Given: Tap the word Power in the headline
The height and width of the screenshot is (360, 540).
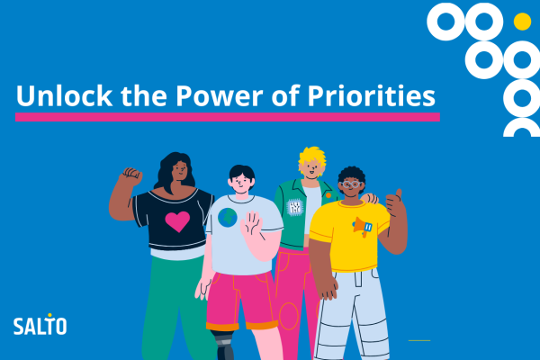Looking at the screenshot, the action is click(220, 95).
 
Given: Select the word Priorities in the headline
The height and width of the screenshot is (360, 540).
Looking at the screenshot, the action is click(371, 96).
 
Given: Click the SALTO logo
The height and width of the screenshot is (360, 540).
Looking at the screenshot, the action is click(40, 325).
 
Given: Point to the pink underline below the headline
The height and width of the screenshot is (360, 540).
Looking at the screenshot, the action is click(228, 117).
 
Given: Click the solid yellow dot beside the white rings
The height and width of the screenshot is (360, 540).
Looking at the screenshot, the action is click(522, 22).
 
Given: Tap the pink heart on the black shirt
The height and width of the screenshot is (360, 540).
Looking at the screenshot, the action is click(177, 221).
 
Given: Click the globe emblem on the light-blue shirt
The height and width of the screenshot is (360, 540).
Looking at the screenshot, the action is click(228, 218).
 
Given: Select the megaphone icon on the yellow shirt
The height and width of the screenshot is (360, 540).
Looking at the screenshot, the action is click(363, 227).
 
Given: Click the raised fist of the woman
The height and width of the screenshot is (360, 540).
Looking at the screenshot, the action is click(131, 175).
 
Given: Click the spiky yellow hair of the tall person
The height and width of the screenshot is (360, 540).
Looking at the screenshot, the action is click(312, 158).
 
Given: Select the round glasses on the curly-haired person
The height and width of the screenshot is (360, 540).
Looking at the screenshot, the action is click(351, 184).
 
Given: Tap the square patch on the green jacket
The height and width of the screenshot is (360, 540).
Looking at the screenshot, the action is click(295, 207).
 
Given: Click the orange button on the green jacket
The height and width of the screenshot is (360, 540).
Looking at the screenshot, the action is click(328, 195).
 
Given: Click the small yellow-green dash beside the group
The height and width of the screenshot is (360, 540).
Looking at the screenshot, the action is click(419, 340).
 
